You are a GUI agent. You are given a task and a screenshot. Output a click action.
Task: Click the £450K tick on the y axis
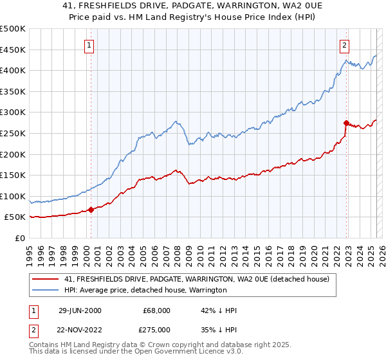pyautogui.click(x=13, y=50)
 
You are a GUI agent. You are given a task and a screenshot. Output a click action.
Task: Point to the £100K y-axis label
pyautogui.click(x=13, y=196)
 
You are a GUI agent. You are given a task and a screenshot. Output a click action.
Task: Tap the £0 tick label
pyautogui.click(x=19, y=238)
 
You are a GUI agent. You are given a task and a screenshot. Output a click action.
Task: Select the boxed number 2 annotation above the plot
pyautogui.click(x=345, y=45)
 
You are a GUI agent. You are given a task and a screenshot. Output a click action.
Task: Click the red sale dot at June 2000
pyautogui.click(x=91, y=209)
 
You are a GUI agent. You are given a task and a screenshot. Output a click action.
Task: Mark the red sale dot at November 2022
pyautogui.click(x=346, y=122)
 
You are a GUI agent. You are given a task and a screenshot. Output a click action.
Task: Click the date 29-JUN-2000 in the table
pyautogui.click(x=80, y=310)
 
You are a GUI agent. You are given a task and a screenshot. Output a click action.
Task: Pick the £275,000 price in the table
pyautogui.click(x=157, y=328)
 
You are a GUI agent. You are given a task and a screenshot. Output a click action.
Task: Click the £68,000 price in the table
pyautogui.click(x=157, y=310)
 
